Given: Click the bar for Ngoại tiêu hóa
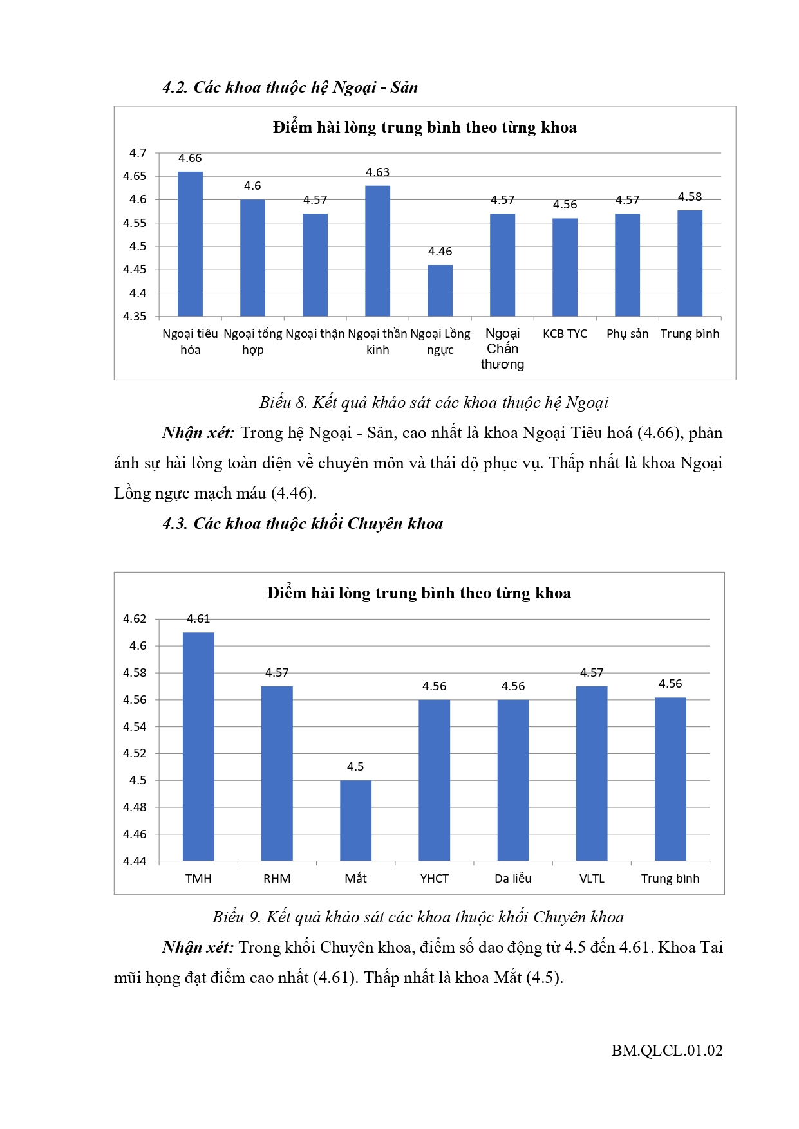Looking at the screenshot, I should [190, 244].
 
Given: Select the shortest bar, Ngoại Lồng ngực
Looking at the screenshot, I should [440, 291].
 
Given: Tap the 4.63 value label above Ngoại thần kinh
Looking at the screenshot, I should [377, 172].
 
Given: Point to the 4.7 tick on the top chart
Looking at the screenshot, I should [138, 153].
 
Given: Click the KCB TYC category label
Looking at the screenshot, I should [565, 334].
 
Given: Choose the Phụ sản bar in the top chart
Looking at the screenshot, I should [627, 265].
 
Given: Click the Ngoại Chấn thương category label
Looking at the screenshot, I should [502, 349].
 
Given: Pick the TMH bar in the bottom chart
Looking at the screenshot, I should [198, 746].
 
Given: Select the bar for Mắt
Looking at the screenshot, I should [355, 820].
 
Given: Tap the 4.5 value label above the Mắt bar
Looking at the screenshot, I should [355, 767].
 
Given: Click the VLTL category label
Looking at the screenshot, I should [592, 879].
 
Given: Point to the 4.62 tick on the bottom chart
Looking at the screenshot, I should [135, 619].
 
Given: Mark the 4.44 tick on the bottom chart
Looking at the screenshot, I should [135, 861].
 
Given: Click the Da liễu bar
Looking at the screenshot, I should [513, 780].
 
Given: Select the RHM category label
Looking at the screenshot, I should [277, 879].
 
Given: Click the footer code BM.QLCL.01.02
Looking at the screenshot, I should [667, 1051].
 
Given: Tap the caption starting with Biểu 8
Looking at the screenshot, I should [433, 403].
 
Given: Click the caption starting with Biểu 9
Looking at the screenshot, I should [418, 917].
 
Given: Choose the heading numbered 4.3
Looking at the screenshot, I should [303, 524].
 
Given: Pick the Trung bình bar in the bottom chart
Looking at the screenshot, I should [670, 779].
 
